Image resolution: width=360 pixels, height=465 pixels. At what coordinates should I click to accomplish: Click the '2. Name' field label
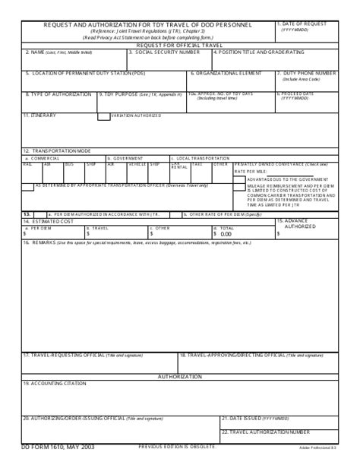tap(51, 52)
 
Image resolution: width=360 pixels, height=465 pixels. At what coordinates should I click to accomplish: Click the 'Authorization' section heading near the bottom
tap(179, 376)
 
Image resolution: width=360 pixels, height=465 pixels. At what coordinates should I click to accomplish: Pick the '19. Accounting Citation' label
tap(49, 383)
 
